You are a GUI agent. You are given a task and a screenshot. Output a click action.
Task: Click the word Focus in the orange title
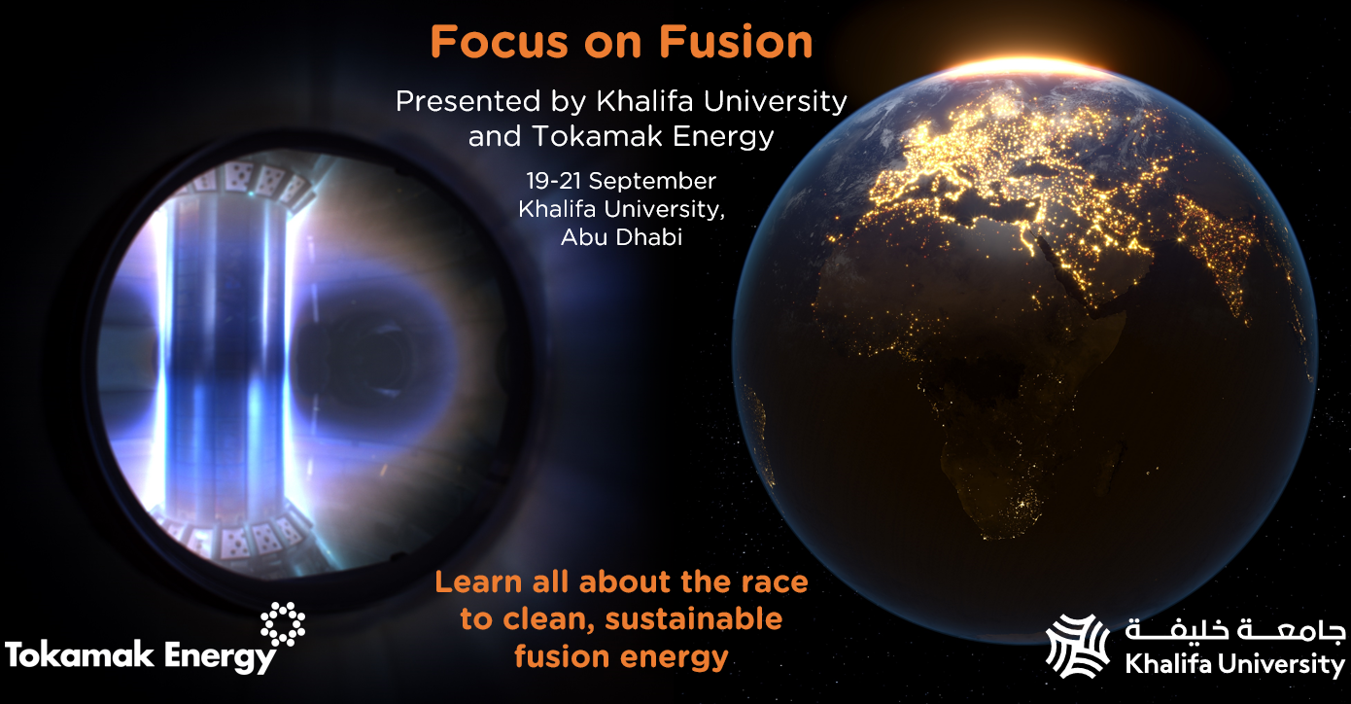coord(500,42)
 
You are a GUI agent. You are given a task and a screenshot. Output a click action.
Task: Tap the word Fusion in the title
coord(736,42)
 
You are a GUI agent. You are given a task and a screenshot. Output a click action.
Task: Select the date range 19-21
coord(554,180)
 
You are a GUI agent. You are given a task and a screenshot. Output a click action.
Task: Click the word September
coord(652,182)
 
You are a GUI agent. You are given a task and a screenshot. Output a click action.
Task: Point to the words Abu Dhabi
coord(621,237)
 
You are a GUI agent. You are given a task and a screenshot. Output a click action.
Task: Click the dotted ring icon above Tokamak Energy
coord(283,623)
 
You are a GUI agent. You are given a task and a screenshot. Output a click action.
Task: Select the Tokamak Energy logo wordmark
coord(141,656)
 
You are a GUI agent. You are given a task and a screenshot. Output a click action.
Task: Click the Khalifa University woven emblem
coord(1078,646)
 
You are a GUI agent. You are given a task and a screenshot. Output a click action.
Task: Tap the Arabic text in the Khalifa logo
coord(1235,630)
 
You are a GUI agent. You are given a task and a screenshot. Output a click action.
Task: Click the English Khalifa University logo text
coord(1235,663)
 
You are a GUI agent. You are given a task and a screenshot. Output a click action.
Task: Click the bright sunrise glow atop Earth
coord(1025,67)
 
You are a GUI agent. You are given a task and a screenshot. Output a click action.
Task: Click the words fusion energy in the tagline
coord(621,657)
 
